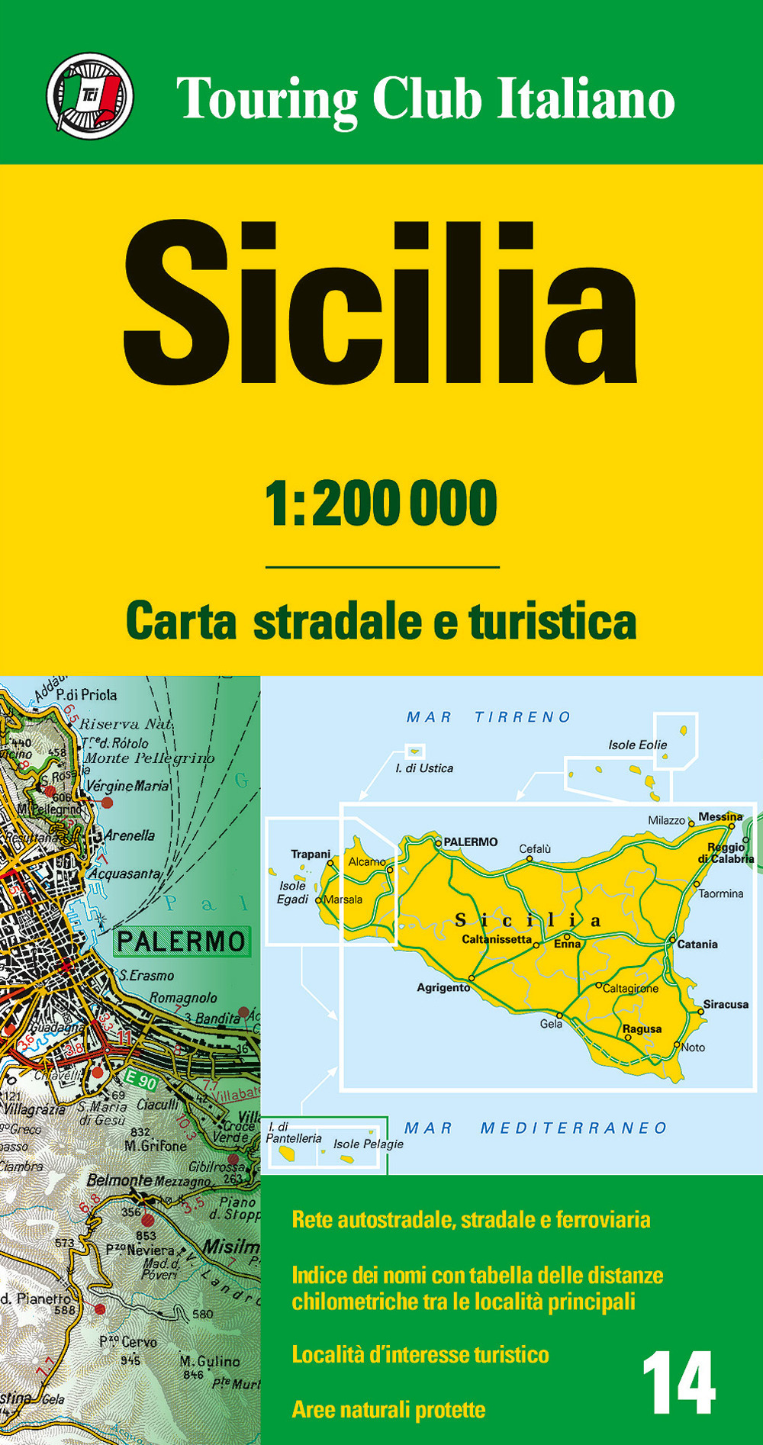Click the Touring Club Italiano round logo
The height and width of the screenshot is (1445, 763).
90,96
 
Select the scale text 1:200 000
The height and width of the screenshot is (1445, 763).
381,504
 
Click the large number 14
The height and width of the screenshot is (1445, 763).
678,1383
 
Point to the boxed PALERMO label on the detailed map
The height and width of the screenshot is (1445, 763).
182,941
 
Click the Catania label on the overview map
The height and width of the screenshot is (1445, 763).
697,945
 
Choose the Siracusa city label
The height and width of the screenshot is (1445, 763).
726,1004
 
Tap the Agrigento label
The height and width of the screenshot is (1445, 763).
443,987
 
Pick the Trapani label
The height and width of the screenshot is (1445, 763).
311,854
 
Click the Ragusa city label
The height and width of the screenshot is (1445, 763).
642,1028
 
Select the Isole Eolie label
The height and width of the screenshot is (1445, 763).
637,745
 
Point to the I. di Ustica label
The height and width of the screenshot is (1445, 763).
424,768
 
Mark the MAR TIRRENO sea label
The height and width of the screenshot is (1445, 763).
488,717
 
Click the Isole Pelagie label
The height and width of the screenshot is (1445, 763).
368,1144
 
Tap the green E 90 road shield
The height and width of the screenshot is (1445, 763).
141,1081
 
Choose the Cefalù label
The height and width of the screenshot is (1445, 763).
535,848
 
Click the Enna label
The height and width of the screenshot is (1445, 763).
568,945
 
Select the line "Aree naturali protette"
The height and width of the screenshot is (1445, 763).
388,1409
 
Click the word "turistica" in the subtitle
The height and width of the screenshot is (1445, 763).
552,621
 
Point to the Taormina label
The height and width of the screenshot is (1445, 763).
721,893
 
